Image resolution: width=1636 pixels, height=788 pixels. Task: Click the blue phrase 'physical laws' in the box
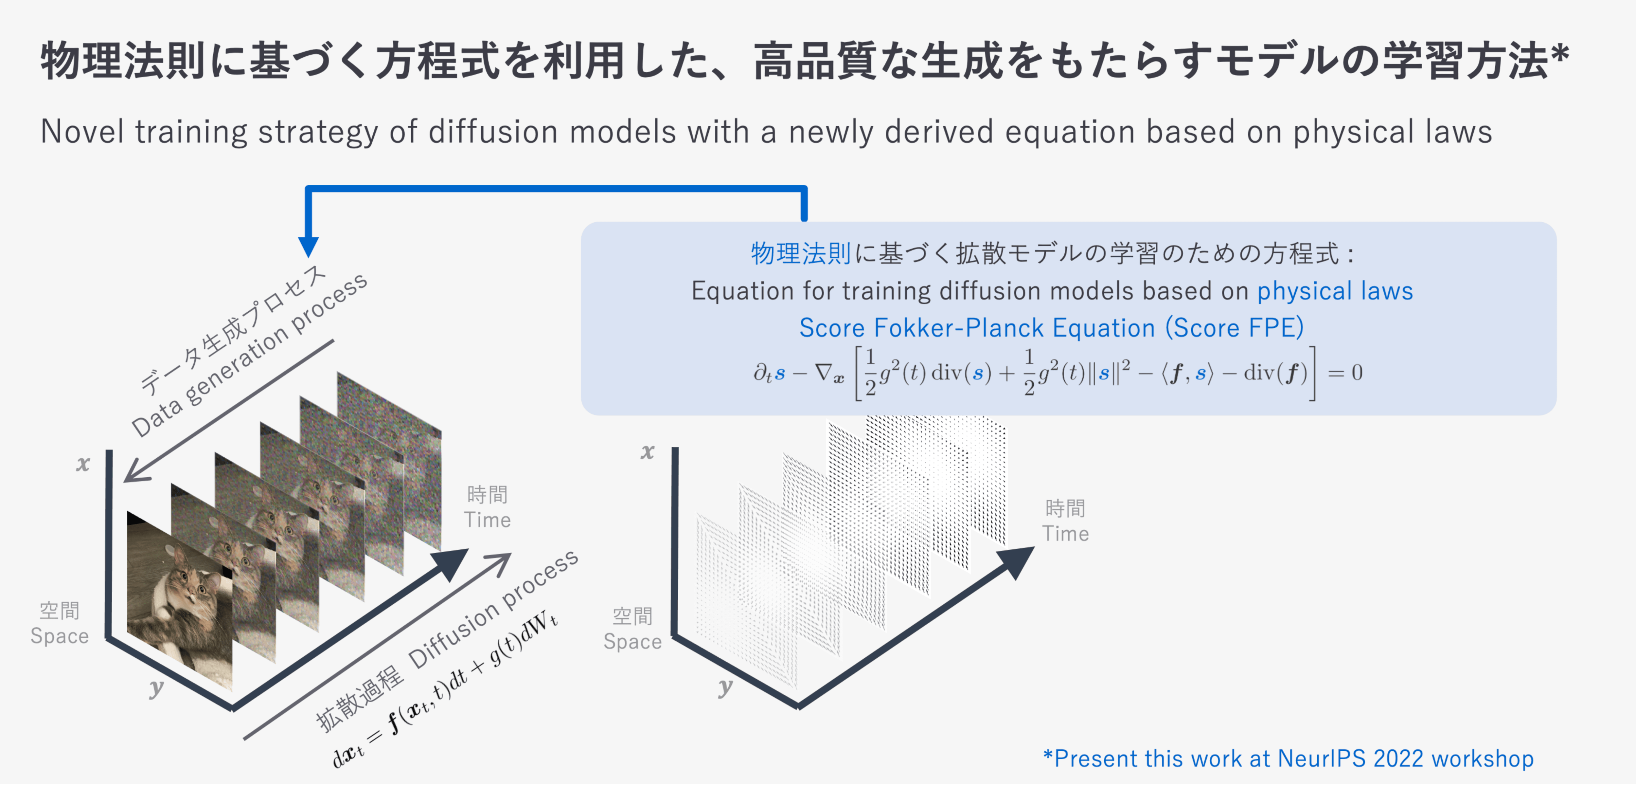tap(1335, 291)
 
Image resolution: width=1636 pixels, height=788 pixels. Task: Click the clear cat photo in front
tap(180, 600)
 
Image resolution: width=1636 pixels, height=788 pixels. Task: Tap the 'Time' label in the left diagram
tap(487, 520)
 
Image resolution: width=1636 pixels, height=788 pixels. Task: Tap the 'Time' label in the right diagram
tap(1065, 534)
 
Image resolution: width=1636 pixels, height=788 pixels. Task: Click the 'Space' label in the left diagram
tap(60, 636)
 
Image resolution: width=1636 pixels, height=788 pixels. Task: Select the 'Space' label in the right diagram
tap(632, 642)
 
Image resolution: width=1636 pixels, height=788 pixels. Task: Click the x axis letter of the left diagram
tap(82, 464)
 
